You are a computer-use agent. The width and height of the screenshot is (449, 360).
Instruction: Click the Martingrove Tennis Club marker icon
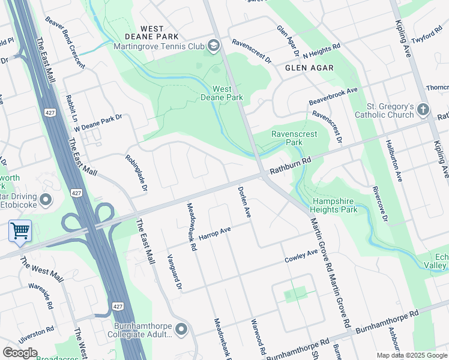pos(213,46)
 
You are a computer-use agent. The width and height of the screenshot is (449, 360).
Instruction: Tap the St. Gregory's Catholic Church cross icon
pos(423,110)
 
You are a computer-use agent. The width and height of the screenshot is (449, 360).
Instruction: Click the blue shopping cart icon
pos(20,230)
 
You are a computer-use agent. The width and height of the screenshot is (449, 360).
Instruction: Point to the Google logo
pos(20,353)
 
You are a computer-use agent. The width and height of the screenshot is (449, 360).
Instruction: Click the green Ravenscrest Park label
pos(294,139)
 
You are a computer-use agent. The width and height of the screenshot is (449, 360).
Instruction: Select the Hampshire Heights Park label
pos(334,205)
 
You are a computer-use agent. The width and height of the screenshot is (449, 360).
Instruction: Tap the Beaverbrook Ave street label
pos(333,95)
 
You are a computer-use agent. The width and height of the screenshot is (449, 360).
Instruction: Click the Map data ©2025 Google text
pos(411,355)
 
